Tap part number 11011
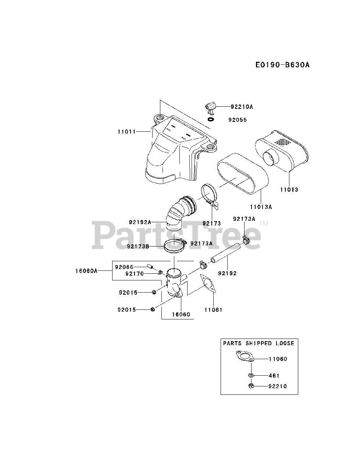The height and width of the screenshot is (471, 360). click(126, 131)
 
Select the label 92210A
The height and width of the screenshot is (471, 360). click(242, 107)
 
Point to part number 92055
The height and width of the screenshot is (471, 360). click(237, 120)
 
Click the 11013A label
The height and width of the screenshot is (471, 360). click(260, 207)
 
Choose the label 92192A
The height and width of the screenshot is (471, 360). click(140, 222)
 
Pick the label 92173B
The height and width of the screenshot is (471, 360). click(138, 246)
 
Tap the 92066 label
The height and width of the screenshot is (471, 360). click(124, 267)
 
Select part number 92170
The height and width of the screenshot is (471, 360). click(134, 274)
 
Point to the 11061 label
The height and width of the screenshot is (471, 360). click(213, 310)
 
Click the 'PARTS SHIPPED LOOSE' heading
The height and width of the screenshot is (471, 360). click(259, 343)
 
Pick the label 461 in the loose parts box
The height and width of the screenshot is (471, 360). click(274, 376)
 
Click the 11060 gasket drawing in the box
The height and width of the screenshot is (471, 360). click(245, 357)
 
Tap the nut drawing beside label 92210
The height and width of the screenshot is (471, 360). click(251, 386)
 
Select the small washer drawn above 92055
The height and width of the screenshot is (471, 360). click(211, 119)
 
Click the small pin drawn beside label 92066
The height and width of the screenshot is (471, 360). click(150, 266)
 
